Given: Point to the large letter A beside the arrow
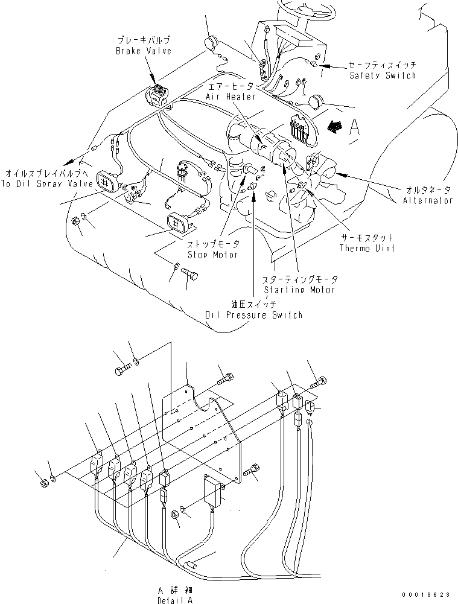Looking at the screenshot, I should tap(355, 127).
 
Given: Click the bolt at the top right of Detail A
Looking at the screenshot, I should tap(319, 381).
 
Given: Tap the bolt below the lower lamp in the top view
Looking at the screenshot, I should tap(189, 275).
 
